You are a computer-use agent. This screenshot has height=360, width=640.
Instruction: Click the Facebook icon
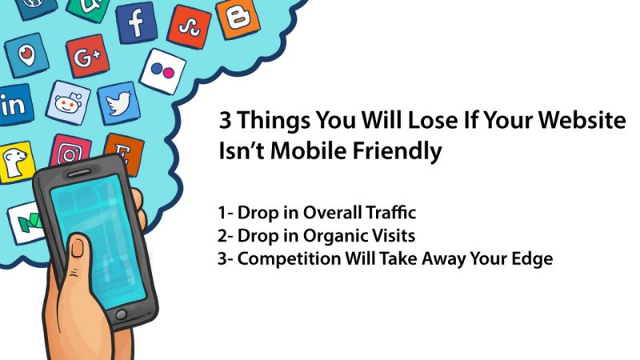[x=136, y=23]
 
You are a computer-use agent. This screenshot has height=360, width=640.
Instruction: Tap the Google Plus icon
[x=87, y=56]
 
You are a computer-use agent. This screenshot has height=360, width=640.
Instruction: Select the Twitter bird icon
[x=118, y=103]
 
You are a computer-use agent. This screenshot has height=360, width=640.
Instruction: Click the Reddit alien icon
[x=68, y=103]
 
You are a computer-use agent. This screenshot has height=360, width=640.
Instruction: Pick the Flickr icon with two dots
[x=162, y=71]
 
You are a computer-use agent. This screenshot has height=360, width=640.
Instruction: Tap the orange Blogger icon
[x=238, y=18]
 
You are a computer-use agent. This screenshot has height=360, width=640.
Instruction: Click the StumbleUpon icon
[x=189, y=27]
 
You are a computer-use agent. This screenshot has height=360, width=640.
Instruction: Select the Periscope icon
[x=26, y=55]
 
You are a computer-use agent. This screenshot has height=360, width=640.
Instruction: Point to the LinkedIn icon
[x=15, y=105]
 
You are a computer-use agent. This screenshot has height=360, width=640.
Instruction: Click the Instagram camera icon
[x=70, y=152]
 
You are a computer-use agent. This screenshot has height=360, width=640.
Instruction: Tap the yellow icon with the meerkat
[x=16, y=162]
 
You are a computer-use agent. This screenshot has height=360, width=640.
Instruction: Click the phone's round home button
[x=121, y=314]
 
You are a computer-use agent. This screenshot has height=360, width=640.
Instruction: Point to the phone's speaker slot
[x=79, y=173]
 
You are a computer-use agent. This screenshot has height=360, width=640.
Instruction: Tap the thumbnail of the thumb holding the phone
[x=78, y=247]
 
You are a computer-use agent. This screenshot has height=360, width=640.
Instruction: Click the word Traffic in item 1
[x=390, y=213]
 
